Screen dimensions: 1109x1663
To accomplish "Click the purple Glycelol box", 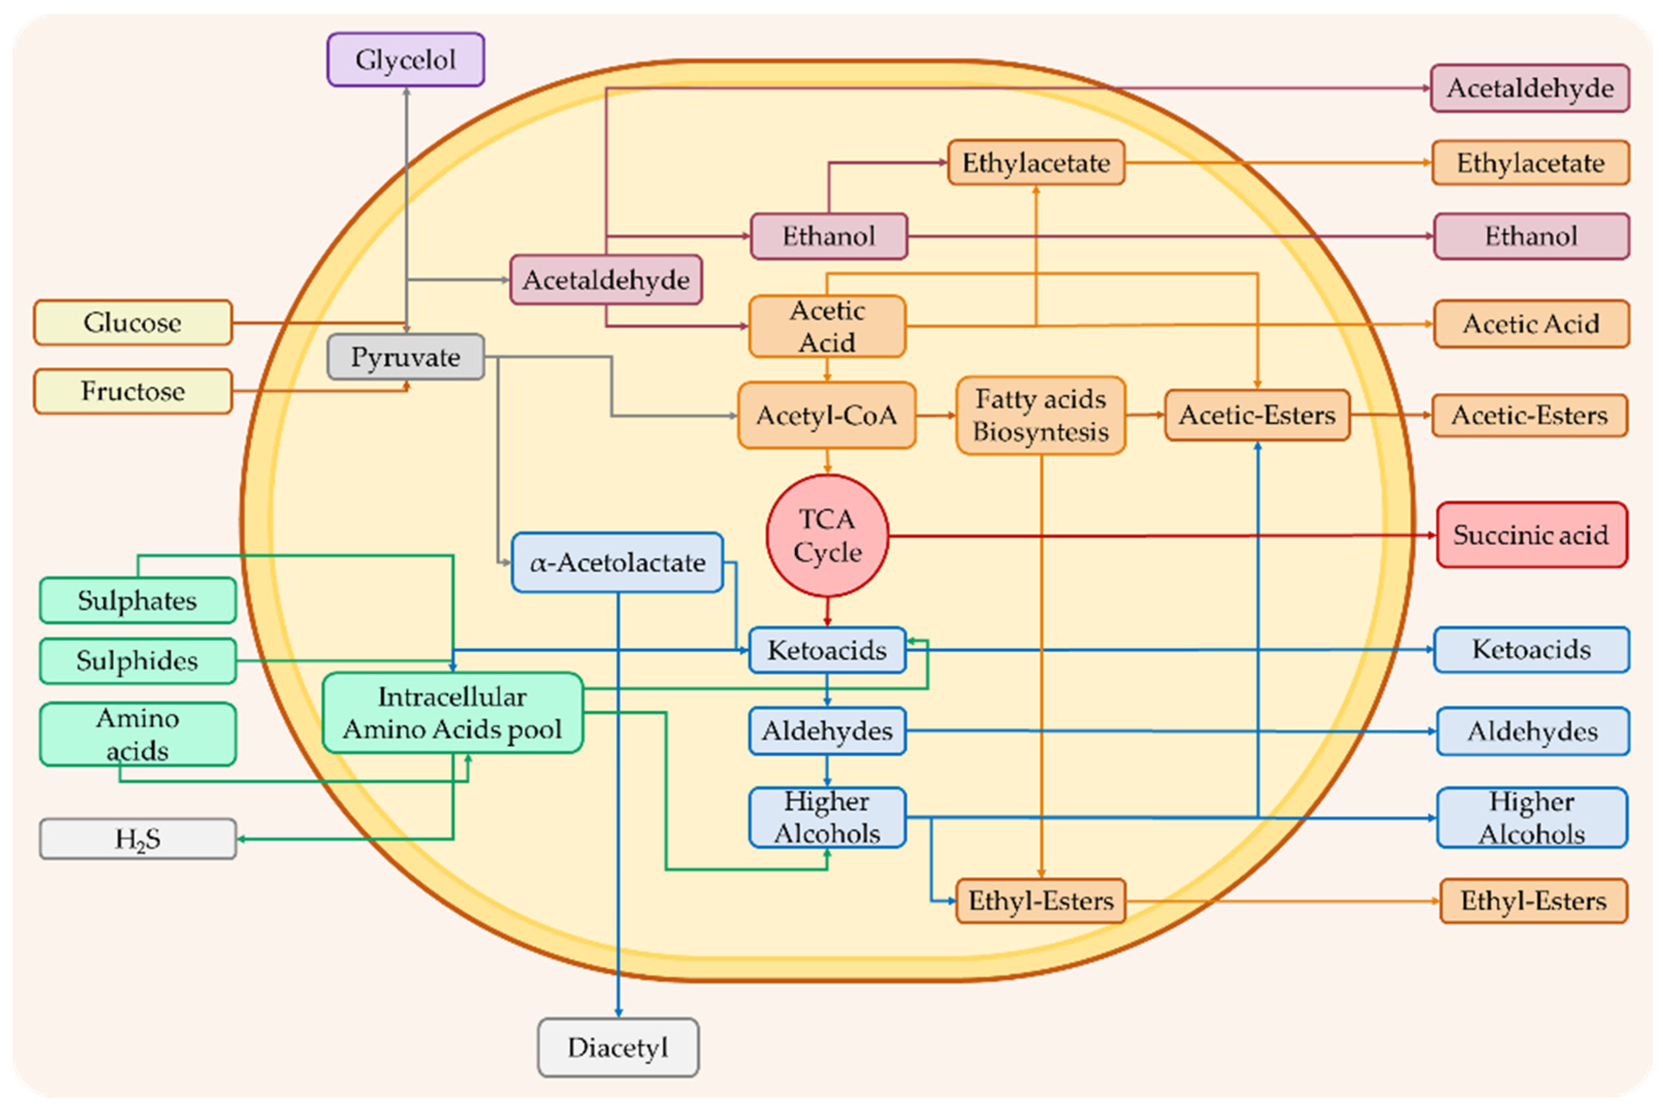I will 406,60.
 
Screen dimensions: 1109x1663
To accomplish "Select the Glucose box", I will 133,322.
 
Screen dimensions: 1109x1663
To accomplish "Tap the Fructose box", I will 133,391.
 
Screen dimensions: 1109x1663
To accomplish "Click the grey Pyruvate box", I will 406,357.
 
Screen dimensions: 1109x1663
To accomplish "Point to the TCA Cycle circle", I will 827,535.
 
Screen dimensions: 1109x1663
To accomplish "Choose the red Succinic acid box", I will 1531,535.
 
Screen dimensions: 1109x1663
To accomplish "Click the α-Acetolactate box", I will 617,563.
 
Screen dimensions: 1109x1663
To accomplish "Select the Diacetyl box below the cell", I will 618,1048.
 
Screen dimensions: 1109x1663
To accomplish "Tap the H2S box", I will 138,839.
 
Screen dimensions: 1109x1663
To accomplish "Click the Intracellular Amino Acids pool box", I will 452,713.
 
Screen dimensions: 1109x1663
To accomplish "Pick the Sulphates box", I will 138,600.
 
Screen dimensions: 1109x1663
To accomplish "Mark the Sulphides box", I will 138,661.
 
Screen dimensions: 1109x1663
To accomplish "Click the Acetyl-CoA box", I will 826,415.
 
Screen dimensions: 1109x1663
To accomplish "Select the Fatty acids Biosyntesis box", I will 1040,415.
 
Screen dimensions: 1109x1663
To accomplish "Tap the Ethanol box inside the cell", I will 829,236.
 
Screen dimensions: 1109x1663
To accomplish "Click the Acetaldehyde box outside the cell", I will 1530,88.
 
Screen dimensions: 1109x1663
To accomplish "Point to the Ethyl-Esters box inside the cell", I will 1040,901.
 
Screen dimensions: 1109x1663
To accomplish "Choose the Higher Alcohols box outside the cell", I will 1531,818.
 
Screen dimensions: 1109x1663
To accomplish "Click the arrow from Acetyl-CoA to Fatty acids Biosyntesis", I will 936,415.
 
